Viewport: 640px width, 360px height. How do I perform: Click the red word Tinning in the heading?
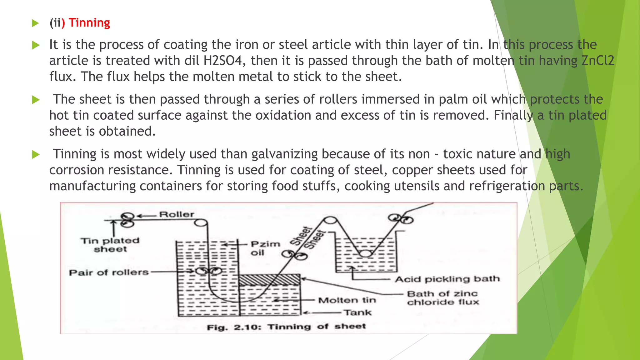[x=89, y=23]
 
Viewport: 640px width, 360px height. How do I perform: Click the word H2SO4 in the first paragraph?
[x=222, y=61]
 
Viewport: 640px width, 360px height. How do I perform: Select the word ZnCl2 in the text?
[x=597, y=61]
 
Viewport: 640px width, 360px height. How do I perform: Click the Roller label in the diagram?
[x=177, y=214]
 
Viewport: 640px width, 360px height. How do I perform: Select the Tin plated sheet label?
[x=110, y=245]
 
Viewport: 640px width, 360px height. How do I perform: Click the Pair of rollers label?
[x=108, y=272]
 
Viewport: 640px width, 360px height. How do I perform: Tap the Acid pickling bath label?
[x=447, y=279]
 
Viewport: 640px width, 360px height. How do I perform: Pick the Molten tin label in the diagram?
[x=347, y=300]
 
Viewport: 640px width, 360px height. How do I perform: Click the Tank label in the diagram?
[x=357, y=312]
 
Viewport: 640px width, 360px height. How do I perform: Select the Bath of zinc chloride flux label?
[x=442, y=298]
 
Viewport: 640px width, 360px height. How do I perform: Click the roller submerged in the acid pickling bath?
[x=365, y=253]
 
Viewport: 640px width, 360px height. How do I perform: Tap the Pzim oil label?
[x=265, y=248]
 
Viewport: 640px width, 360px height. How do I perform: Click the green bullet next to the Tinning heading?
[x=35, y=23]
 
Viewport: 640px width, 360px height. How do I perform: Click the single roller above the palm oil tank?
[x=201, y=223]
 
